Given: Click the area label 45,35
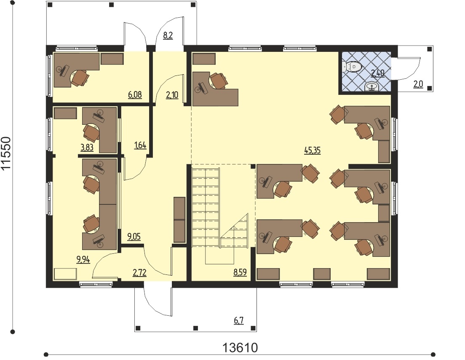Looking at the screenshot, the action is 312,150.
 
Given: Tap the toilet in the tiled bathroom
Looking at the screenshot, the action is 352,66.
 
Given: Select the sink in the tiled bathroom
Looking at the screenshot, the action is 371,87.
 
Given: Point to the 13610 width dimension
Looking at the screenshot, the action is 240,347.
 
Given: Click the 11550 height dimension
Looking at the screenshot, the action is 6,153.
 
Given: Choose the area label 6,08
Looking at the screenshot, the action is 135,95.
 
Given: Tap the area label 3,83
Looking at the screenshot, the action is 87,148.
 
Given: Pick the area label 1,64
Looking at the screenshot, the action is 140,145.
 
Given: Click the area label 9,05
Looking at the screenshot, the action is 134,237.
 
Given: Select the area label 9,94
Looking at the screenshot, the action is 83,260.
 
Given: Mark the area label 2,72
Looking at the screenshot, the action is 139,272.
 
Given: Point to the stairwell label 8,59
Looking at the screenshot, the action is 240,272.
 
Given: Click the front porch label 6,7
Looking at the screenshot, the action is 239,320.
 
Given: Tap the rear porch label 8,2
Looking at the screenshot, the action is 168,35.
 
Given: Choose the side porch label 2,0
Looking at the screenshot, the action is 418,84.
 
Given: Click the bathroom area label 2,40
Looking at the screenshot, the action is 377,73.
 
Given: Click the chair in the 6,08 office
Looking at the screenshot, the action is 80,78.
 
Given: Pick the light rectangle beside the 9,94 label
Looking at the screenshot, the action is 65,274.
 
